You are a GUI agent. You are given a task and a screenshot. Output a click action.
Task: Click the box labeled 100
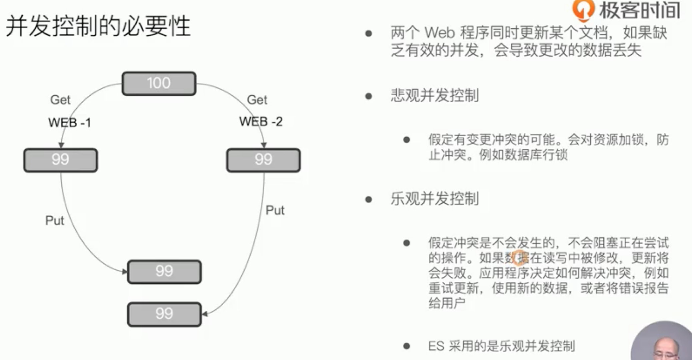click(x=159, y=83)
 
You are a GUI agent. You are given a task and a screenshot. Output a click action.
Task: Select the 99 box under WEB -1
click(x=60, y=160)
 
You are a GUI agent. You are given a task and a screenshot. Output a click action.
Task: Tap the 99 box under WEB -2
click(x=263, y=160)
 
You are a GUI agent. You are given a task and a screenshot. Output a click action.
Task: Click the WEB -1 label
click(x=69, y=123)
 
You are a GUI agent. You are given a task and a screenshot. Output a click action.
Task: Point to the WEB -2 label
click(x=261, y=121)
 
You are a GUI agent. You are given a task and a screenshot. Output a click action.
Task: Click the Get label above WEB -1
click(x=60, y=100)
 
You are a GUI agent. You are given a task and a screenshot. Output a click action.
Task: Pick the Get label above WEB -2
click(x=257, y=100)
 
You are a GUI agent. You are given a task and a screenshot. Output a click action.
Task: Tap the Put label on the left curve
click(x=55, y=220)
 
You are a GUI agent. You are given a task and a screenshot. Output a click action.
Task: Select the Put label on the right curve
click(x=275, y=210)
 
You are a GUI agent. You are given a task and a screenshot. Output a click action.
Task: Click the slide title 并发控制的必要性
click(x=98, y=26)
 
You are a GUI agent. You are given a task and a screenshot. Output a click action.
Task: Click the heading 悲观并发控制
click(x=435, y=96)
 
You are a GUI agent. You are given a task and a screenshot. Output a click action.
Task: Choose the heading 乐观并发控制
click(x=435, y=199)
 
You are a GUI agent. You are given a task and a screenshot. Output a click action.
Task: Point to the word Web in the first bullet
click(x=440, y=33)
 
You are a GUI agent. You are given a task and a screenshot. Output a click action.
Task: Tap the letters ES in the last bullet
click(x=436, y=346)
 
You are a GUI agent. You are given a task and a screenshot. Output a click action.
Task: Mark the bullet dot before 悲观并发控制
click(x=368, y=96)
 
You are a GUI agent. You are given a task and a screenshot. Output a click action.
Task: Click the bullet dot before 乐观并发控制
click(x=368, y=199)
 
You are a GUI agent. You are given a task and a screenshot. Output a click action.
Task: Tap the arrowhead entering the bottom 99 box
click(x=205, y=314)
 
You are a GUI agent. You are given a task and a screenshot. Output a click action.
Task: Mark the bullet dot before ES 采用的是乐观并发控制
click(x=406, y=346)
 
